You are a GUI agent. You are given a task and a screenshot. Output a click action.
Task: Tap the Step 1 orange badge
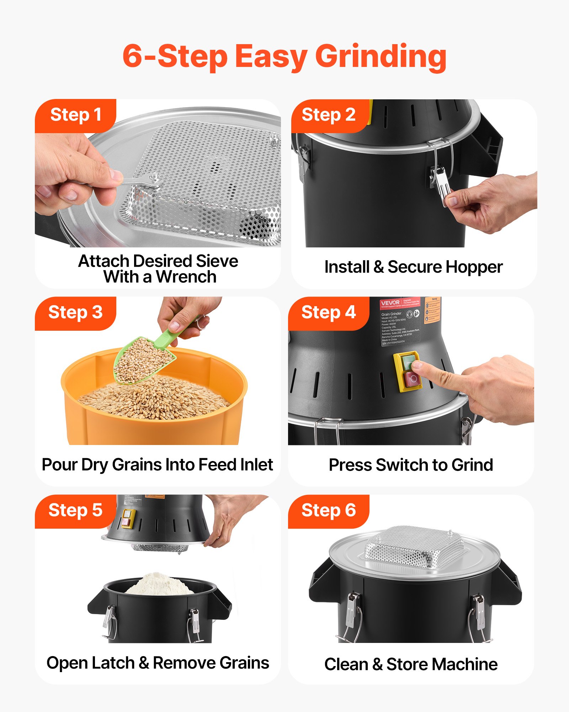tap(75, 115)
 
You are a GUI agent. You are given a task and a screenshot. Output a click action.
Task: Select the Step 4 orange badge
tap(328, 313)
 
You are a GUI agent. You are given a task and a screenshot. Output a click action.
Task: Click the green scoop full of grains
tap(144, 360)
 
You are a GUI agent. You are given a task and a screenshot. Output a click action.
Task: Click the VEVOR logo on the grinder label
tap(390, 303)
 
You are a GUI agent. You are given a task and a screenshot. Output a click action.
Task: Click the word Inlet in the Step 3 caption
tap(256, 465)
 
